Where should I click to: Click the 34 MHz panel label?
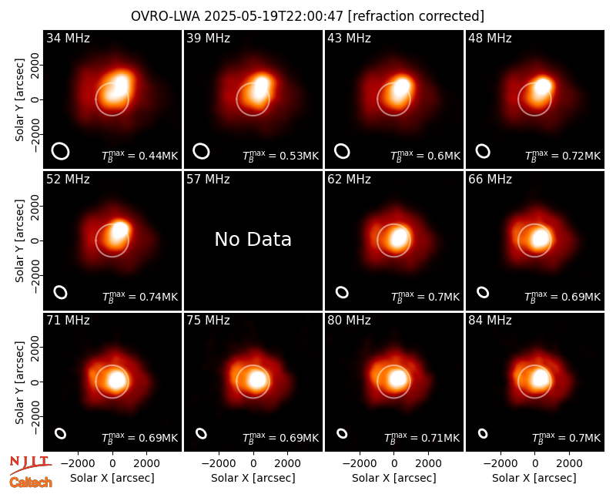[x=68, y=38]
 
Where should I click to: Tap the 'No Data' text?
[x=253, y=239]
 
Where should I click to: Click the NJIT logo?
[x=30, y=464]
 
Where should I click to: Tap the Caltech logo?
[x=31, y=483]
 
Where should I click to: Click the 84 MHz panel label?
[x=490, y=321]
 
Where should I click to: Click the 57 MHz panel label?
[x=208, y=180]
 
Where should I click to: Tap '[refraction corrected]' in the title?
[x=416, y=16]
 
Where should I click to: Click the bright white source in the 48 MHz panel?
[x=544, y=86]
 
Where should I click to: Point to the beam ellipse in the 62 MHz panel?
[x=342, y=292]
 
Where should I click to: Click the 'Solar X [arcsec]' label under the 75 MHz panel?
[x=253, y=478]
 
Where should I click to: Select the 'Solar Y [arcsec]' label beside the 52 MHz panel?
[x=19, y=240]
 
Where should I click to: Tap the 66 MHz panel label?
[x=490, y=180]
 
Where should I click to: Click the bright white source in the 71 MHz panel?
[x=118, y=380]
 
